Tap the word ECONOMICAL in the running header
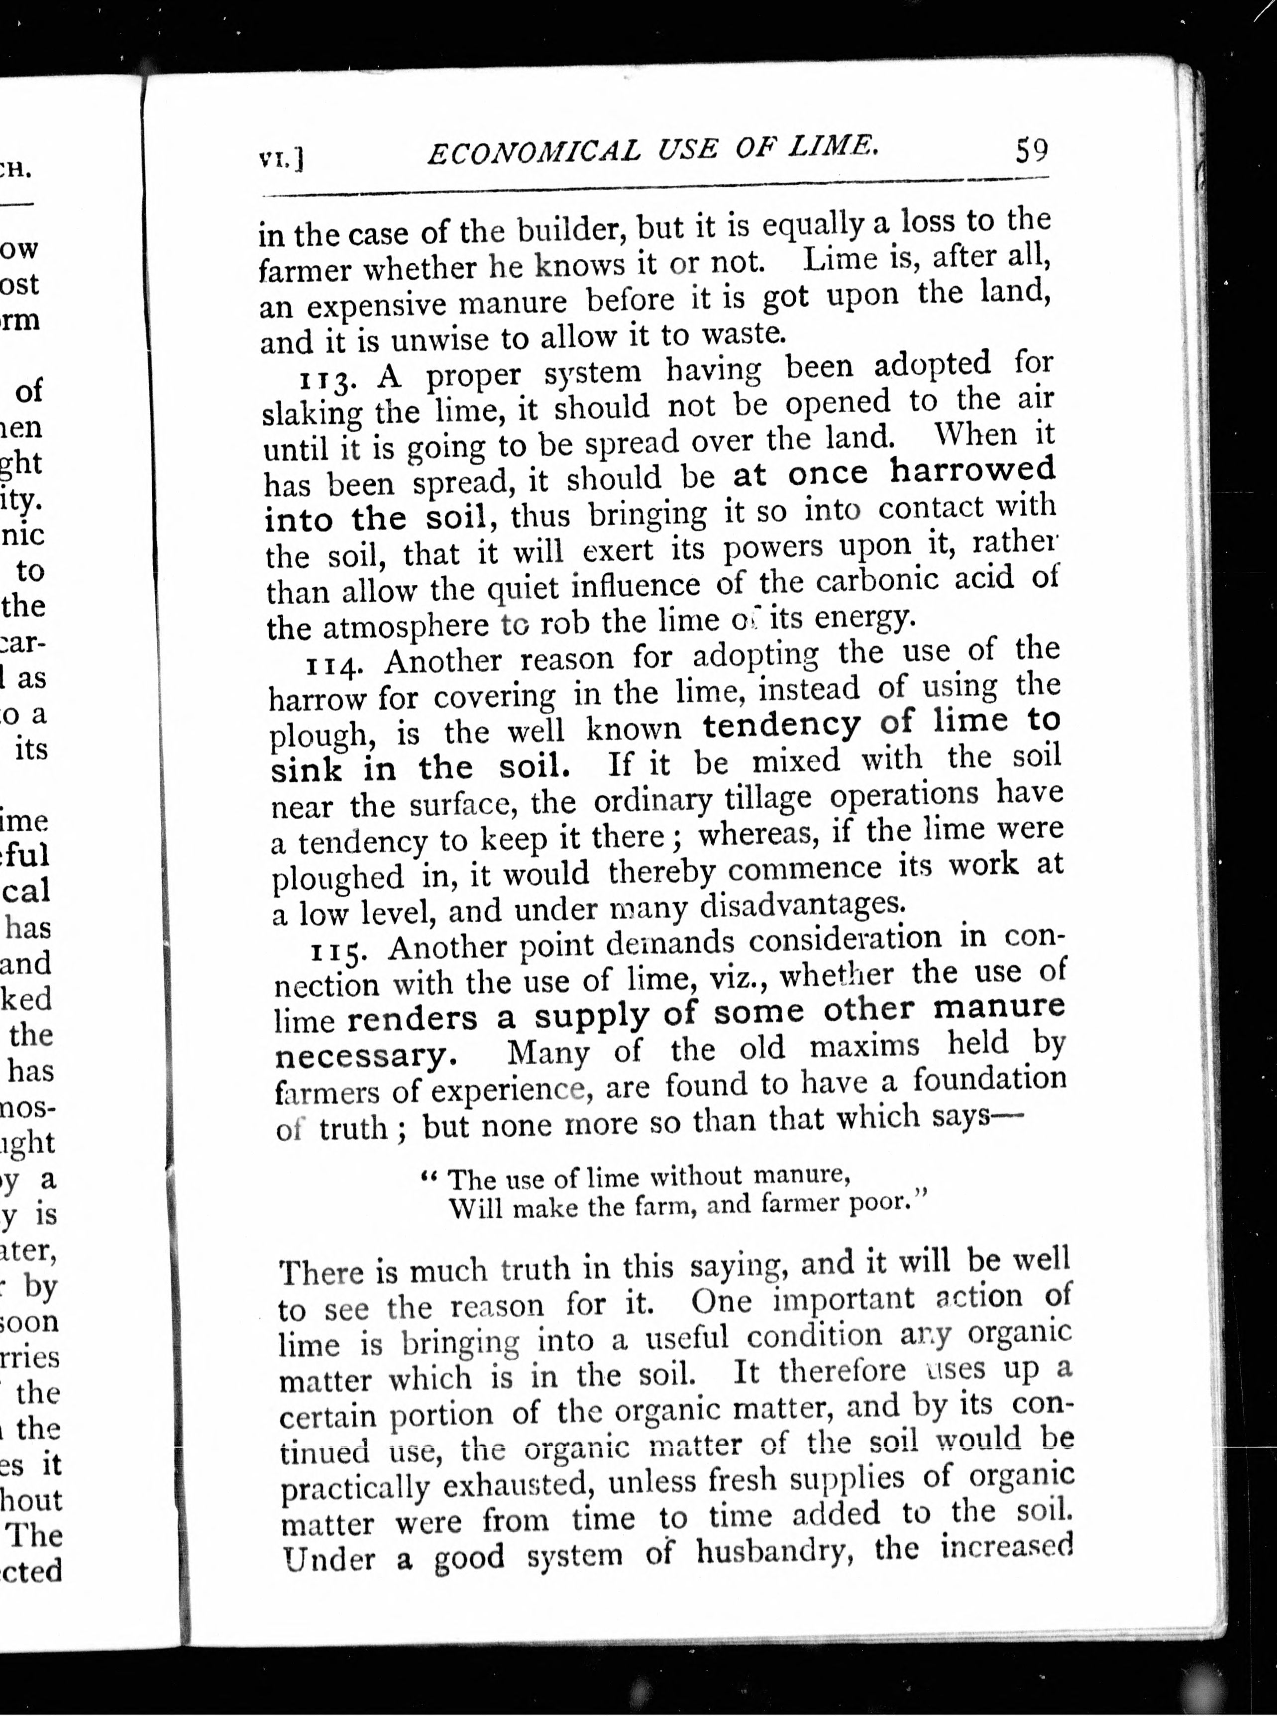click(533, 152)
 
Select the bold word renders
click(413, 1019)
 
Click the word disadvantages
click(801, 904)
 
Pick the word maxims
click(864, 1048)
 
